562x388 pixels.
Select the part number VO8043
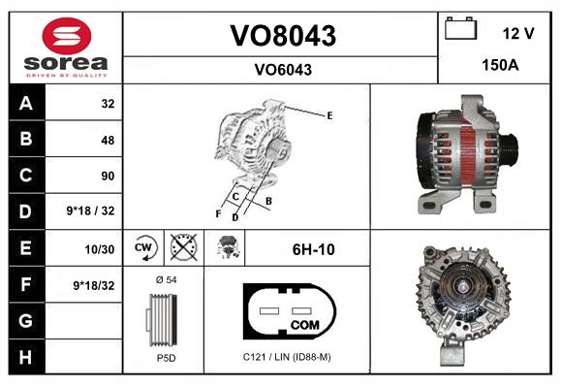pyautogui.click(x=282, y=37)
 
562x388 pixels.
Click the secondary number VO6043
pyautogui.click(x=282, y=70)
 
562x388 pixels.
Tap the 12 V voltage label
pyautogui.click(x=518, y=34)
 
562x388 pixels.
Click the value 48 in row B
pyautogui.click(x=107, y=140)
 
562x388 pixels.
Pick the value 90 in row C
pyautogui.click(x=107, y=177)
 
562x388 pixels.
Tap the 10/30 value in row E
pyautogui.click(x=101, y=249)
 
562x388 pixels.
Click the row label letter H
pyautogui.click(x=26, y=356)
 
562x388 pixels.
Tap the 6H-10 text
pyautogui.click(x=313, y=249)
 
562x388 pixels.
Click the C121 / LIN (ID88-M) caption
pyautogui.click(x=287, y=358)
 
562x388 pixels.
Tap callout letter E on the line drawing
pyautogui.click(x=330, y=115)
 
